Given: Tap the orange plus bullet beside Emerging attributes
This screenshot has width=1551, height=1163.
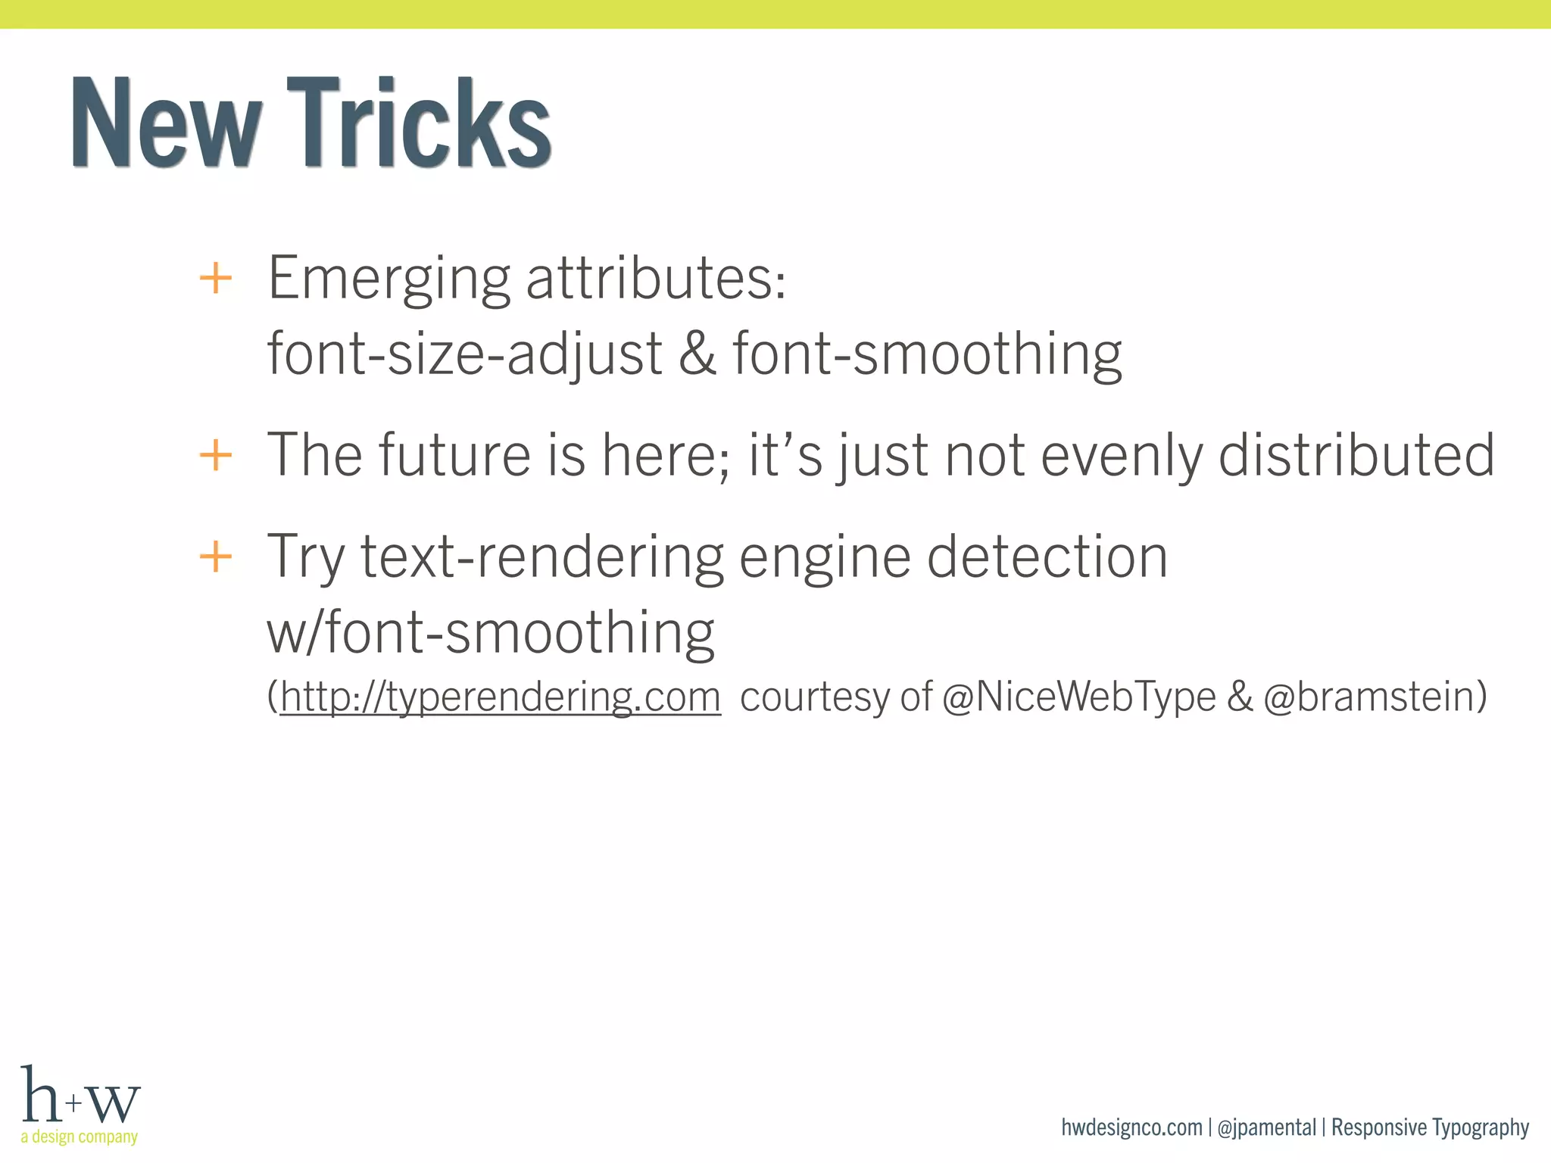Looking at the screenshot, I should coord(215,278).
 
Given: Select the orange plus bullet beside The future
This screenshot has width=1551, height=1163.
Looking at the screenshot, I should coord(215,455).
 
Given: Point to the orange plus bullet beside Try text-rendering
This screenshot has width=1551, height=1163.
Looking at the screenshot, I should coord(215,557).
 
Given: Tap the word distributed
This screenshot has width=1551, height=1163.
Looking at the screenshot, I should coord(1356,455).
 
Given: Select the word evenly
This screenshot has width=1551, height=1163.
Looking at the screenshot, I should coord(1121,457).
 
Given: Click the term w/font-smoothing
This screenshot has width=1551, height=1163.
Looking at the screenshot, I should coord(491,633).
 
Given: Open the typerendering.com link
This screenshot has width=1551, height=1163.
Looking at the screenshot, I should coord(500,697).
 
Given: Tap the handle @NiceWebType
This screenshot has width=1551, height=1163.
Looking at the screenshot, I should coord(1079,697).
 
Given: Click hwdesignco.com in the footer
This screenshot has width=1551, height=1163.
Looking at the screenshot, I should coord(1131,1127).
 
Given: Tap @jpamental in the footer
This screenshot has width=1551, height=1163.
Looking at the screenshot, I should coord(1266,1127).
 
